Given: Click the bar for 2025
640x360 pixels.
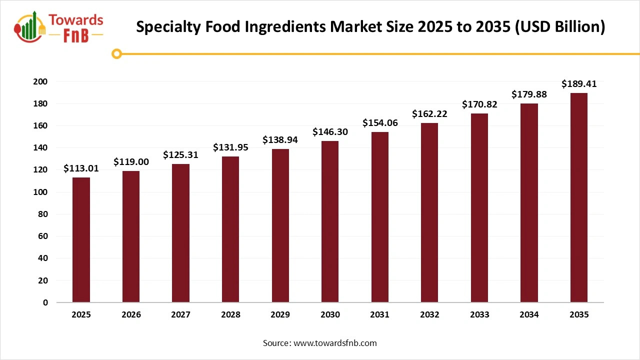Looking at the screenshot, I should (81, 240).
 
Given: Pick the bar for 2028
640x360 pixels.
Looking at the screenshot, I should (230, 229).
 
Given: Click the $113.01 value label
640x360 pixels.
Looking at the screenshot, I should (81, 168).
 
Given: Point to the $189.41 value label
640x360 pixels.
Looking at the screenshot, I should (578, 84).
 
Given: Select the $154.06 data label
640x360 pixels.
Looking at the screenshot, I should (380, 123).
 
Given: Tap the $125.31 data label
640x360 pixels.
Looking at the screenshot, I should (180, 155).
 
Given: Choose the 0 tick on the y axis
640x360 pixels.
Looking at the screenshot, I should (45, 302).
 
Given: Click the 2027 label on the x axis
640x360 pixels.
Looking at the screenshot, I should (180, 314).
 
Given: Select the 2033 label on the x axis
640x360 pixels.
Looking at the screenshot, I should (479, 314).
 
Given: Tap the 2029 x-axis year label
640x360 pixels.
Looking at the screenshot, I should (280, 314).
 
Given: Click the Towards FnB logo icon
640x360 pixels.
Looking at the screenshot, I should (31, 26).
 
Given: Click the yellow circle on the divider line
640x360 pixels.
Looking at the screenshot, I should (116, 53).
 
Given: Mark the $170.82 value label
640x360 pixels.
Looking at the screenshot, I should (479, 104).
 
